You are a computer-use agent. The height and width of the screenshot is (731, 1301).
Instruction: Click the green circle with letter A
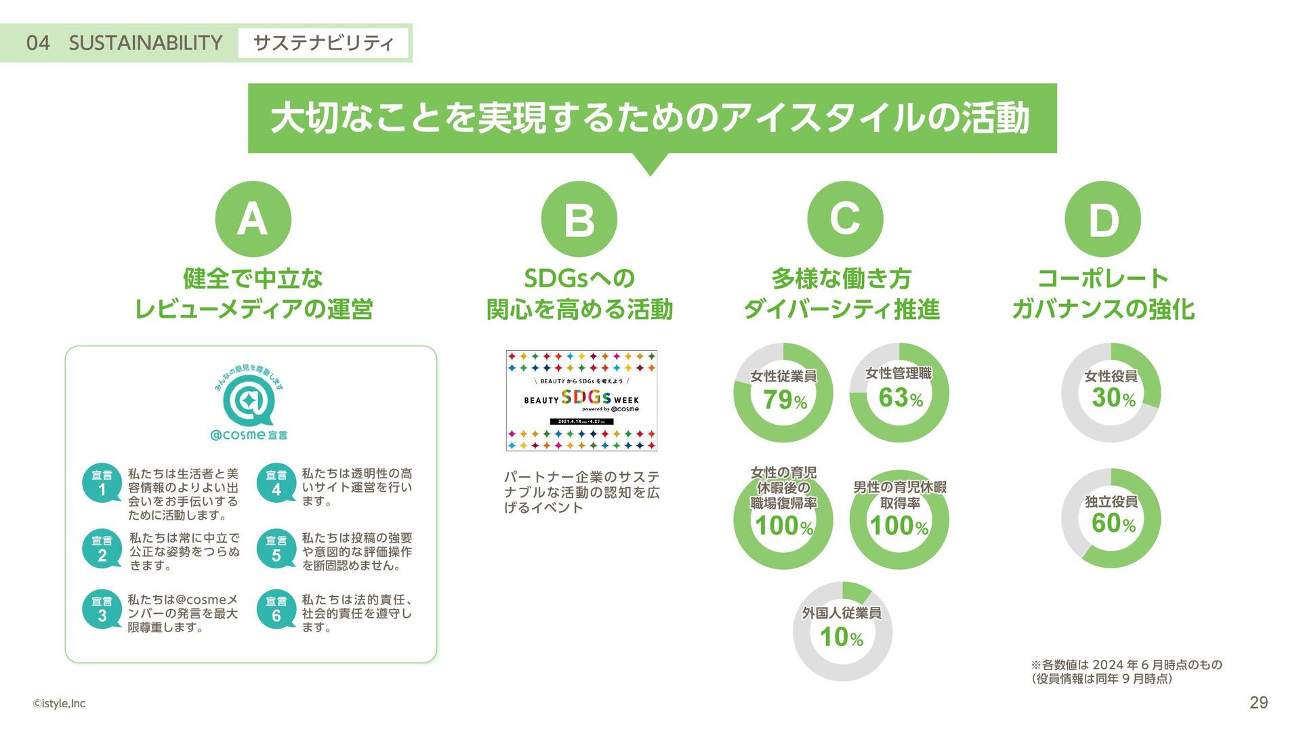tap(253, 219)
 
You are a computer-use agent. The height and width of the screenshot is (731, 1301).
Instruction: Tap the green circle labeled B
tap(579, 219)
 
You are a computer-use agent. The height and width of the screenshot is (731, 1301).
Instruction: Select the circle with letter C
tap(845, 219)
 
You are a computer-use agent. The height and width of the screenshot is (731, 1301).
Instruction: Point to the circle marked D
tap(1102, 219)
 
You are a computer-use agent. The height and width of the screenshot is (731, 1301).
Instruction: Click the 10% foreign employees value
tap(841, 637)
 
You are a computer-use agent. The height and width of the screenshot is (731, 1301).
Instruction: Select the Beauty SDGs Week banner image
tap(581, 400)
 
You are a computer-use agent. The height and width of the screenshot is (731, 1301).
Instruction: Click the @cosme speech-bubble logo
tap(249, 401)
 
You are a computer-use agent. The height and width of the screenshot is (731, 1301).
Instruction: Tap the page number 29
tap(1258, 703)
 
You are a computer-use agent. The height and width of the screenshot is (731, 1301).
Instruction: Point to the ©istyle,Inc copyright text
tap(59, 703)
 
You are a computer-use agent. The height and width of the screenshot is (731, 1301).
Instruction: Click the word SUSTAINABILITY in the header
tap(145, 43)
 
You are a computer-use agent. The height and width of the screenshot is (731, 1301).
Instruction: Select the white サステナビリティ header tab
tap(323, 43)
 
